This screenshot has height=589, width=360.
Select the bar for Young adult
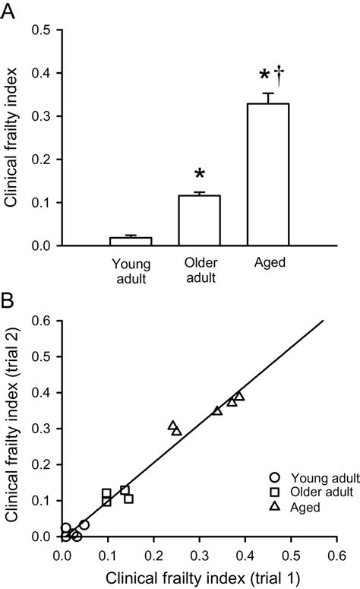(131, 241)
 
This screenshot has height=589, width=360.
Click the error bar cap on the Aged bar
(268, 93)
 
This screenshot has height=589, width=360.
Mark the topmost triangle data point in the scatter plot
(239, 396)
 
